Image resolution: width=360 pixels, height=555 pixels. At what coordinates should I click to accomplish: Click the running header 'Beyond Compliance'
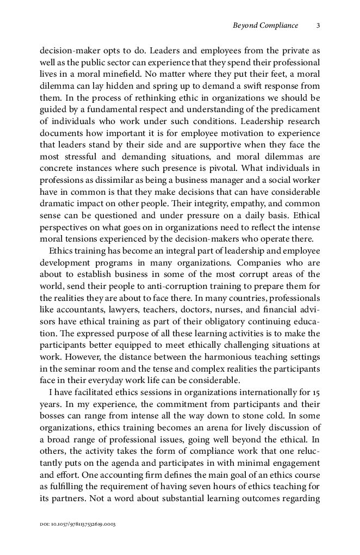click(265, 25)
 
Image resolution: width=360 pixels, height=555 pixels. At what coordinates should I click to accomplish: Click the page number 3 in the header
click(318, 25)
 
